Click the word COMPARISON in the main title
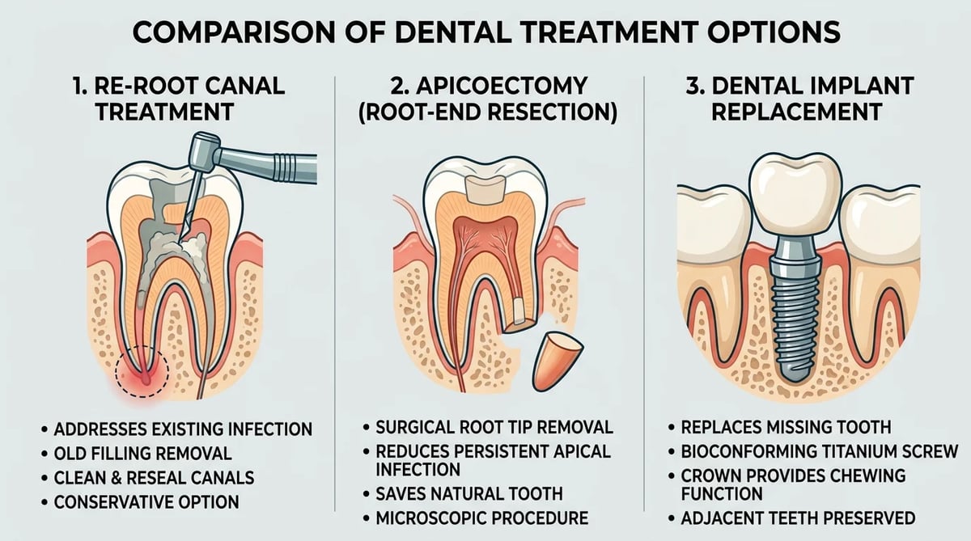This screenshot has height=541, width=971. [x=234, y=32]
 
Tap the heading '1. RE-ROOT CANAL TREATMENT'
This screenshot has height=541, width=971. [x=178, y=99]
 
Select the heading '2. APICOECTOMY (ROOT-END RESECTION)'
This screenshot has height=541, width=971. [x=488, y=99]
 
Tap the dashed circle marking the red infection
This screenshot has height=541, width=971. [x=142, y=371]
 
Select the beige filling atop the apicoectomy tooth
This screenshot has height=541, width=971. [x=486, y=190]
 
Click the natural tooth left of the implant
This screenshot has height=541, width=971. [x=711, y=268]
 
